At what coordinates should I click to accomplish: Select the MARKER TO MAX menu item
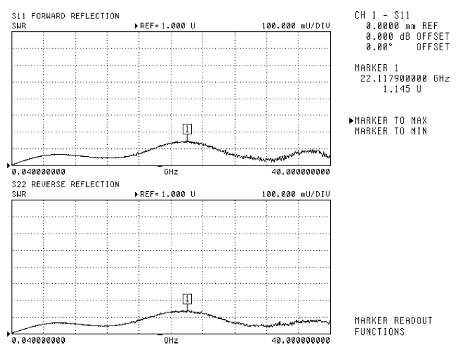point(390,120)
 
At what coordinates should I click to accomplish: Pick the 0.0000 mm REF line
point(398,24)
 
